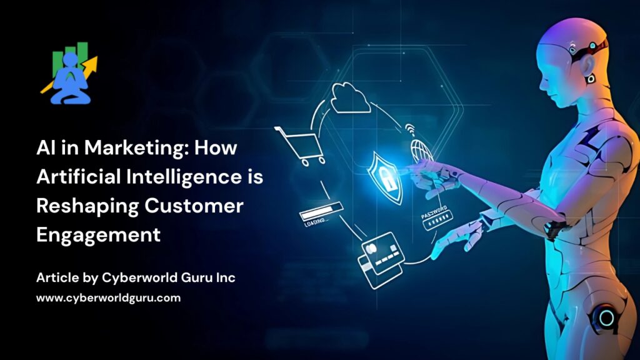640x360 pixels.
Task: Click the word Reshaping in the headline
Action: (x=87, y=206)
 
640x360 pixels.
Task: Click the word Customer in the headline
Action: (x=194, y=206)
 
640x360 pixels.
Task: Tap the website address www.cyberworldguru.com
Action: (x=108, y=298)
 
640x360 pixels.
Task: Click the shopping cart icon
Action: (x=301, y=146)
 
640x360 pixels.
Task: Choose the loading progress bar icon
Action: (x=321, y=214)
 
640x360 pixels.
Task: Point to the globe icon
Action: (x=421, y=151)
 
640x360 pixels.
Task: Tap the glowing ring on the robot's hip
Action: (x=606, y=317)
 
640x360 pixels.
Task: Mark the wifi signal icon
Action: (x=410, y=130)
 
